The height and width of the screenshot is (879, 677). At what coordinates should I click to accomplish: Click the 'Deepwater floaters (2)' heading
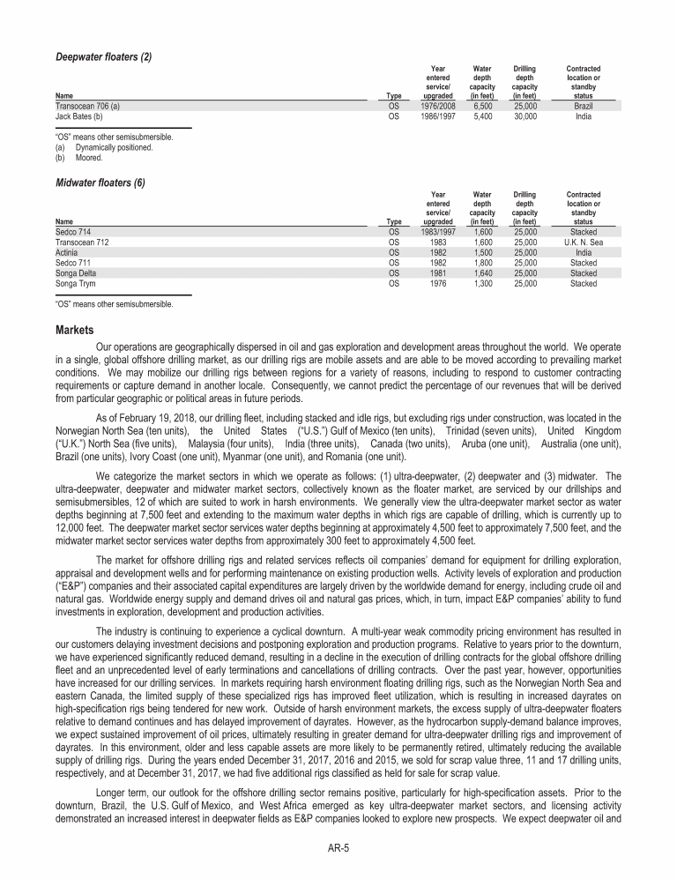(102, 57)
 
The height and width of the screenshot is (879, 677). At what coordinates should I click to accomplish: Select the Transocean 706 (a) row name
(86, 105)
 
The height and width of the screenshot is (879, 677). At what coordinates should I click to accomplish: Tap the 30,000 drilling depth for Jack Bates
(525, 115)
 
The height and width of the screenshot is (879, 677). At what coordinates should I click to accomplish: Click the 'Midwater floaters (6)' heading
(100, 183)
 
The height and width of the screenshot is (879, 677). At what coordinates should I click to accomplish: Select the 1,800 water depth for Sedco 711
(481, 263)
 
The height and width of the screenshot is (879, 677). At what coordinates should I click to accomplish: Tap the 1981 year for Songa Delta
(438, 273)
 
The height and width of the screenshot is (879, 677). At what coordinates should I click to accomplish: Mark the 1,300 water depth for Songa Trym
(481, 284)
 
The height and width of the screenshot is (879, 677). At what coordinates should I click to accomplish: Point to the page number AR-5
(338, 847)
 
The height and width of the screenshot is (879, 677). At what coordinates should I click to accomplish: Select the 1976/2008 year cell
(438, 105)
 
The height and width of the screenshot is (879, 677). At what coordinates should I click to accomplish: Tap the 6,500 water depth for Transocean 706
(482, 105)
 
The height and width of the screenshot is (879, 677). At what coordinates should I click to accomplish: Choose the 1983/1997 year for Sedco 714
(438, 231)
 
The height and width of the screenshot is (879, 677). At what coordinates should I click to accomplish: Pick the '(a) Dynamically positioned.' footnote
(103, 148)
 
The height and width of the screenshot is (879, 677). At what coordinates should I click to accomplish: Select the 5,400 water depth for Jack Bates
(482, 115)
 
